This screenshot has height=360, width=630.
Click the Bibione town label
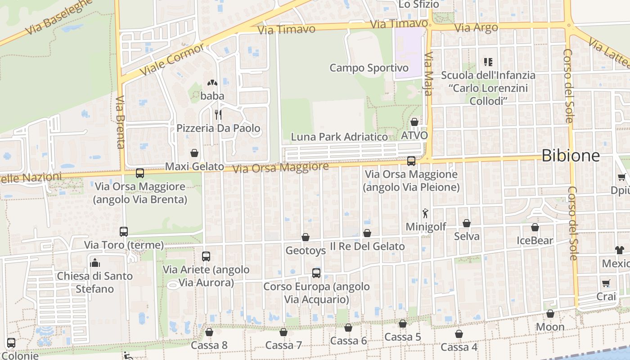click(x=570, y=156)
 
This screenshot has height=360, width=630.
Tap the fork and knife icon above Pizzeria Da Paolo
click(x=218, y=115)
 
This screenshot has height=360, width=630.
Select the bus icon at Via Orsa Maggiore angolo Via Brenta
click(x=140, y=173)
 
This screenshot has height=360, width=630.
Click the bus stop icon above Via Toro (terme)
click(x=124, y=232)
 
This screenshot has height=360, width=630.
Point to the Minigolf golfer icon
click(x=425, y=214)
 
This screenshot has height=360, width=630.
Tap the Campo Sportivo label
click(x=369, y=68)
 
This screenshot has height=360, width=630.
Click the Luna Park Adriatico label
click(x=339, y=137)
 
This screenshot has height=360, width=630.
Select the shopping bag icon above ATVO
click(x=414, y=122)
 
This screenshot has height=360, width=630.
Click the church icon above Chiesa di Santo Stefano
click(x=95, y=262)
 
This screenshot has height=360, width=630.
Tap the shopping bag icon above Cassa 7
click(x=283, y=332)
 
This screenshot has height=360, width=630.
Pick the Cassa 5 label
click(x=403, y=337)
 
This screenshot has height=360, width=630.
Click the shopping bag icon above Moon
click(x=550, y=314)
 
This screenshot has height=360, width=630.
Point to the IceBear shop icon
click(x=535, y=227)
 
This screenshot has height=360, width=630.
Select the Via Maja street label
click(x=428, y=74)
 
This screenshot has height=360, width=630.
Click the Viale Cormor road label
click(x=172, y=59)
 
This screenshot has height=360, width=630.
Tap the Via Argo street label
click(x=476, y=27)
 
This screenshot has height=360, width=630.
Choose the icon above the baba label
click(x=212, y=83)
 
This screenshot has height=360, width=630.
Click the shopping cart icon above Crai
click(x=606, y=283)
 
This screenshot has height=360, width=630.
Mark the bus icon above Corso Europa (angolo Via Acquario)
click(x=316, y=273)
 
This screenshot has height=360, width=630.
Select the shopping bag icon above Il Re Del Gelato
click(x=367, y=233)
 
